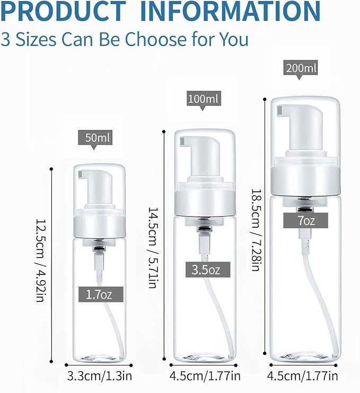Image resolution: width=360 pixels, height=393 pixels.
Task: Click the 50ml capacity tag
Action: click(x=95, y=138)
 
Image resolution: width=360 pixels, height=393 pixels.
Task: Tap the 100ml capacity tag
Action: click(x=204, y=99)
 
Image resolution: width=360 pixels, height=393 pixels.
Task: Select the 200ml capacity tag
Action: click(x=301, y=67)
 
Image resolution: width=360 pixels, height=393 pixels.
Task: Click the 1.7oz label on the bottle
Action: click(x=101, y=294)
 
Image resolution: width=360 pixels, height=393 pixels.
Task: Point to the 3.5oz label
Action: click(x=208, y=270)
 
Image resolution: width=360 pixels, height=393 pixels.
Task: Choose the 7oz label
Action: click(x=305, y=220)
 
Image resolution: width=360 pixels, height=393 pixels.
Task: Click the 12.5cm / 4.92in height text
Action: click(x=40, y=261)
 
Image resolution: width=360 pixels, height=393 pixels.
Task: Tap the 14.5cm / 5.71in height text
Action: click(x=153, y=248)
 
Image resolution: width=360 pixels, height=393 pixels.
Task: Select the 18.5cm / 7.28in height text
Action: click(x=256, y=230)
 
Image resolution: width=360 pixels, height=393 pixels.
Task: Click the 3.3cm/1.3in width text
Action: click(x=100, y=376)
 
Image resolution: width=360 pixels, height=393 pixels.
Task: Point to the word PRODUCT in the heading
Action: click(x=63, y=11)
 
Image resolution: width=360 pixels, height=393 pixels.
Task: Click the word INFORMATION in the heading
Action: click(x=230, y=11)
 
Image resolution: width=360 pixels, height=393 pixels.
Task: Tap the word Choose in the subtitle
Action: click(x=155, y=39)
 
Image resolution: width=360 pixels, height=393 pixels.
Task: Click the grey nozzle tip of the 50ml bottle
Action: click(x=81, y=174)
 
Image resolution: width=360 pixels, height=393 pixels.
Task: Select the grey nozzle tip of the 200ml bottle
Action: click(x=280, y=111)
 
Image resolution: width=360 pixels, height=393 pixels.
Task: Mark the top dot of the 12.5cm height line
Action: click(x=51, y=169)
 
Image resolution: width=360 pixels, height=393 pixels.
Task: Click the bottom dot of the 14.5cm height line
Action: click(x=164, y=359)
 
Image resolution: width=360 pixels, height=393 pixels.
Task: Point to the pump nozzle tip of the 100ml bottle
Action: click(x=182, y=141)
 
